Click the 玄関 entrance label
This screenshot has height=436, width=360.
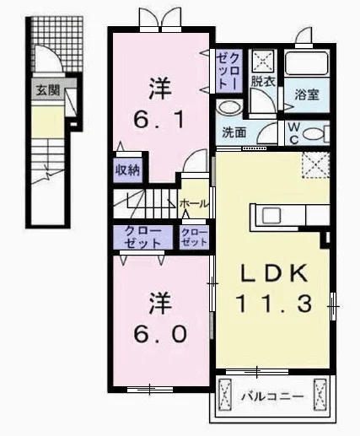tap(48, 90)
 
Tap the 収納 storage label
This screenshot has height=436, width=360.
tap(128, 170)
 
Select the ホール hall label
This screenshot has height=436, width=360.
tap(195, 203)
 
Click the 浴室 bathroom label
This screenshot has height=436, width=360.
tap(307, 94)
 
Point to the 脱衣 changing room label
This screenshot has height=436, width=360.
tap(263, 81)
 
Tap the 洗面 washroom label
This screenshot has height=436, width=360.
tap(234, 132)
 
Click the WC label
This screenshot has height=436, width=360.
tap(294, 133)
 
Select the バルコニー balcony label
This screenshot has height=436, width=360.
tap(273, 397)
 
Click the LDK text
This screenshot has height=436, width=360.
tap(274, 273)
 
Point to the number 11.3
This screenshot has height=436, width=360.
tap(274, 304)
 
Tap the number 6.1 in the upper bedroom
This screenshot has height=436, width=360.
tap(159, 119)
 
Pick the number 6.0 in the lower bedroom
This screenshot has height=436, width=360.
tap(160, 334)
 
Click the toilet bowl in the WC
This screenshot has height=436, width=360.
tap(313, 133)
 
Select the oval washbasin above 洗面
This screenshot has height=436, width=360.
tap(229, 107)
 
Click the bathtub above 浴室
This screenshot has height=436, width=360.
tap(307, 62)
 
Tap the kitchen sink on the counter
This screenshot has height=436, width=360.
tap(271, 215)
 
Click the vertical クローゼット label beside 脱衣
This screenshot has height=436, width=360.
tap(228, 72)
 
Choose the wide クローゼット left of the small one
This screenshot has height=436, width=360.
tap(143, 237)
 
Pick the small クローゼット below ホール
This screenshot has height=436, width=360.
tap(194, 237)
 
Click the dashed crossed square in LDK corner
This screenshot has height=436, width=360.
tap(316, 165)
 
